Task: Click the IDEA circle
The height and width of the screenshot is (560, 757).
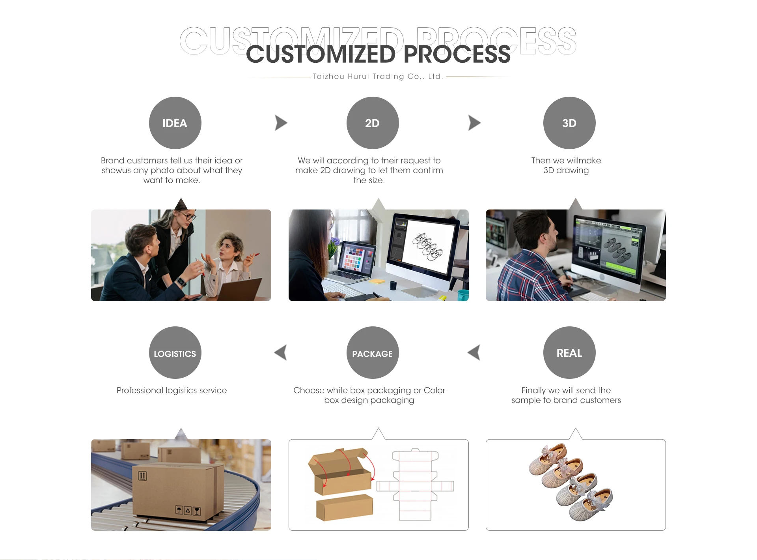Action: [x=175, y=123]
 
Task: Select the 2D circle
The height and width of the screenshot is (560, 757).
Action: [x=373, y=123]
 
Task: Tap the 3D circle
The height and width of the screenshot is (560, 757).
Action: [x=569, y=123]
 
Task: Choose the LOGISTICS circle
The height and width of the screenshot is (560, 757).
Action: [x=175, y=352]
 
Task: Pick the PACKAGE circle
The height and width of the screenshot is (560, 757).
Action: [x=373, y=352]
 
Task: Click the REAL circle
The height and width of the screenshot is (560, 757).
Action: [x=569, y=352]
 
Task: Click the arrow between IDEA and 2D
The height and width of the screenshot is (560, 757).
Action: [x=281, y=123]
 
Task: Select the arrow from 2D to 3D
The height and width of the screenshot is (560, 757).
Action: [x=474, y=123]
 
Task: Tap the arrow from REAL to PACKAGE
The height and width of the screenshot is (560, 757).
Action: [x=474, y=352]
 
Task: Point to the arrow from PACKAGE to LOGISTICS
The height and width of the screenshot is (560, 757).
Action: [x=280, y=352]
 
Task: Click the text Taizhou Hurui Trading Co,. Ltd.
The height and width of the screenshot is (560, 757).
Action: [x=378, y=77]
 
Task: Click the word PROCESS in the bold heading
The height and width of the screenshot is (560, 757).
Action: [x=457, y=54]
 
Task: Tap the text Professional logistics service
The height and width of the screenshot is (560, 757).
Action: [x=172, y=390]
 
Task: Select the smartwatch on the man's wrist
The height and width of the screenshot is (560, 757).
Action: [x=181, y=282]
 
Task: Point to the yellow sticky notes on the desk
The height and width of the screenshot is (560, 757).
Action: [x=377, y=281]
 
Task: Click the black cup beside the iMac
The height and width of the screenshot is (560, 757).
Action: [x=393, y=285]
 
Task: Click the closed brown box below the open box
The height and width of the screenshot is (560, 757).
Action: [x=345, y=508]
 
